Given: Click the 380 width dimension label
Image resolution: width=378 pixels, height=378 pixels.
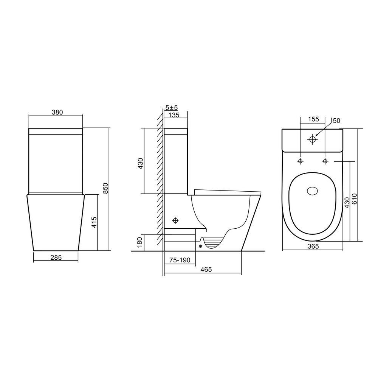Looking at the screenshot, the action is point(57,112).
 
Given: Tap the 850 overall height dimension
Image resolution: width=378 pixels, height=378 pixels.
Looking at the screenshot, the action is point(105,188).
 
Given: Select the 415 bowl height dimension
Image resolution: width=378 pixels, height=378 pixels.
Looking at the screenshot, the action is point(94,222).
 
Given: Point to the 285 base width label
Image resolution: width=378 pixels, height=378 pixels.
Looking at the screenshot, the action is point(56,258).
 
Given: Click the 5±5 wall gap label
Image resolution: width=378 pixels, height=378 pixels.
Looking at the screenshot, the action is point(172,107).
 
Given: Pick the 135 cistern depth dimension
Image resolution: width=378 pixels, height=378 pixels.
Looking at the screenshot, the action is point(174,115).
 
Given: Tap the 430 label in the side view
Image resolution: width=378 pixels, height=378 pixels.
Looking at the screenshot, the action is point(140,163).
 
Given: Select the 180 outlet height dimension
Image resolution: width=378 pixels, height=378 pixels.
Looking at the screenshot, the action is point(140,242).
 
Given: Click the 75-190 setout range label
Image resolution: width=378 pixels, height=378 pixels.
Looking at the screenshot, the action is point(180,260).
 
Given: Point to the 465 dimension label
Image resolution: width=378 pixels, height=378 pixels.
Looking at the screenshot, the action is point(206,269).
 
